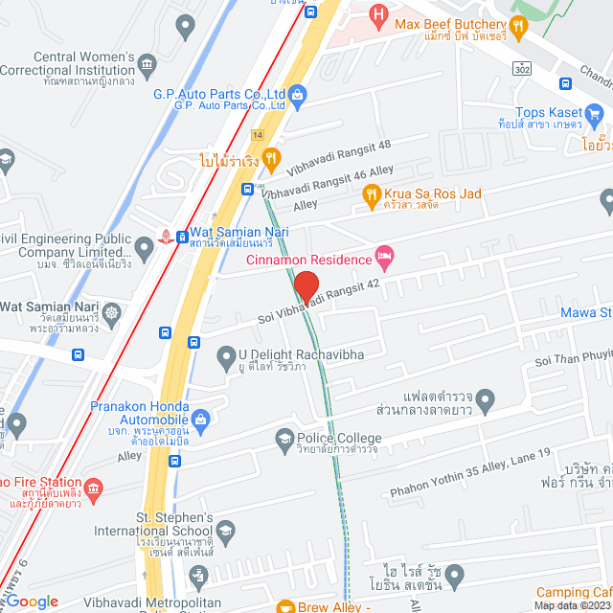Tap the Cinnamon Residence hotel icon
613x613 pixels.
[x=384, y=255]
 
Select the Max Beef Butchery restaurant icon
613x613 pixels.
[x=518, y=28]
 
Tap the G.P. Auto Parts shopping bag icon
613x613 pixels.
[x=298, y=94]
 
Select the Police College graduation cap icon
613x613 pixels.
[x=284, y=440]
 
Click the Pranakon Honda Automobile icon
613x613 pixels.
[x=201, y=418]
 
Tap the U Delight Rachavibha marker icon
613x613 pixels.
[x=226, y=355]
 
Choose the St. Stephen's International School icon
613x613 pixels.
[x=225, y=531]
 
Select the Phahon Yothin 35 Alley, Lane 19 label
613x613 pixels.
[x=469, y=476]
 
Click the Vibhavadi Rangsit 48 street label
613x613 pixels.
[x=339, y=157]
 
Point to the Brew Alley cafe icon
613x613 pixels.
[x=284, y=606]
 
